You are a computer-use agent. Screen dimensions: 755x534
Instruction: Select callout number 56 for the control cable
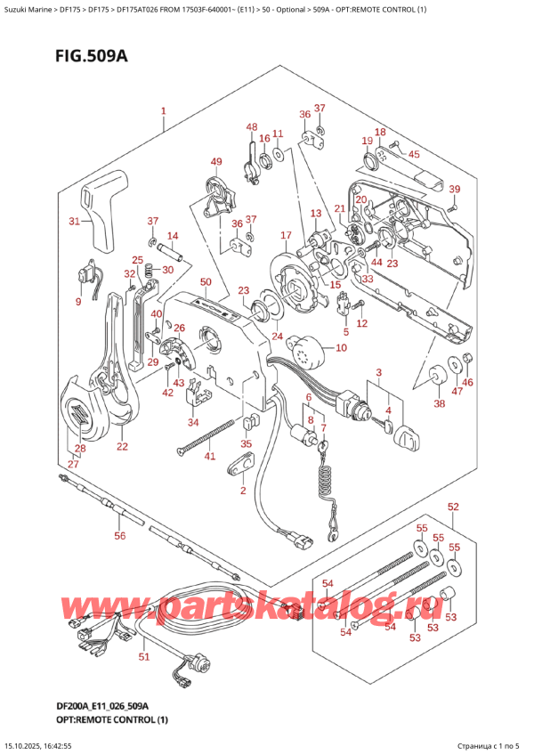tap(120, 535)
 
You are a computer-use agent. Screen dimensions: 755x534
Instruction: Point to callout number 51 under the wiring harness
tap(144, 656)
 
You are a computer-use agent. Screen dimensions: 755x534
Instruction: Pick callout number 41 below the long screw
tap(210, 457)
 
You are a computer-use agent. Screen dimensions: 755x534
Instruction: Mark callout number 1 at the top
tap(164, 112)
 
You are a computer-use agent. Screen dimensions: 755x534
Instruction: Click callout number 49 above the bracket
tap(215, 161)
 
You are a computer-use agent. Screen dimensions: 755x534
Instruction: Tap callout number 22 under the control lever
tap(122, 446)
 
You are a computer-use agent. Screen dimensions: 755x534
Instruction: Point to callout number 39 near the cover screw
tap(455, 189)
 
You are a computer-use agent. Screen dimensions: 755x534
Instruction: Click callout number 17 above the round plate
tap(286, 235)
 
